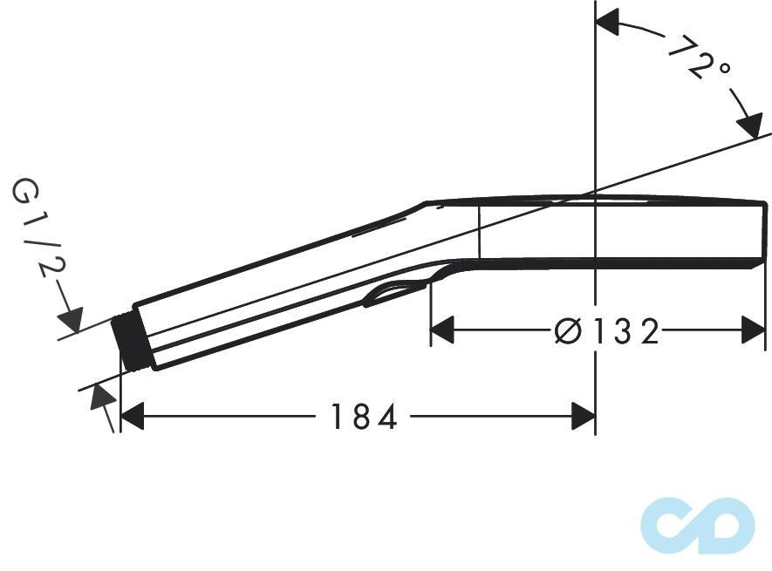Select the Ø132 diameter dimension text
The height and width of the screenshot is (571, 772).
click(607, 331)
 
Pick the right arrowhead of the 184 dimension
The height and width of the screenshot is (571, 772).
click(583, 418)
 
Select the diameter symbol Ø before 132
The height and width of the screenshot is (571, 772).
click(568, 331)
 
